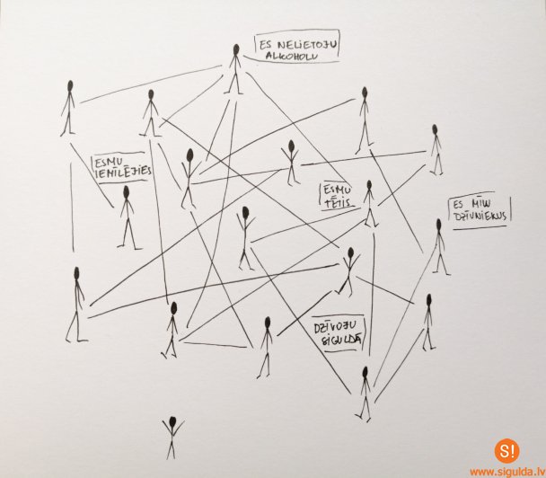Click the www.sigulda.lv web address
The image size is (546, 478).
pos(506,471)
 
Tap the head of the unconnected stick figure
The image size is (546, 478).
pos(171,420)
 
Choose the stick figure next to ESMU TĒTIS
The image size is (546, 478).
pos(369,205)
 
